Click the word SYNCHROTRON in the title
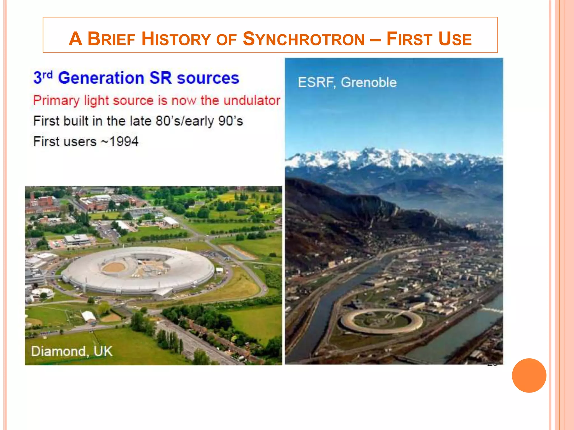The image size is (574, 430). (x=304, y=39)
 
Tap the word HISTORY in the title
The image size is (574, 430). (x=176, y=39)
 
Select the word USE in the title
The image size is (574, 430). (x=455, y=39)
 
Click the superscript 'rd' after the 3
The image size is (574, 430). (x=47, y=74)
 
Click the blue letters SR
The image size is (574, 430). (x=160, y=78)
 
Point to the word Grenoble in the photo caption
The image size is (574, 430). (x=369, y=83)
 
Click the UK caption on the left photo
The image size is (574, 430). (x=103, y=351)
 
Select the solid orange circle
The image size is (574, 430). (x=529, y=375)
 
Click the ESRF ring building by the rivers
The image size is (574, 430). (x=381, y=322)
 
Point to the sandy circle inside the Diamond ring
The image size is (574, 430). (x=114, y=267)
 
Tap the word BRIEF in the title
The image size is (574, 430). (x=111, y=39)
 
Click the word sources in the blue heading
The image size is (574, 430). (x=208, y=78)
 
